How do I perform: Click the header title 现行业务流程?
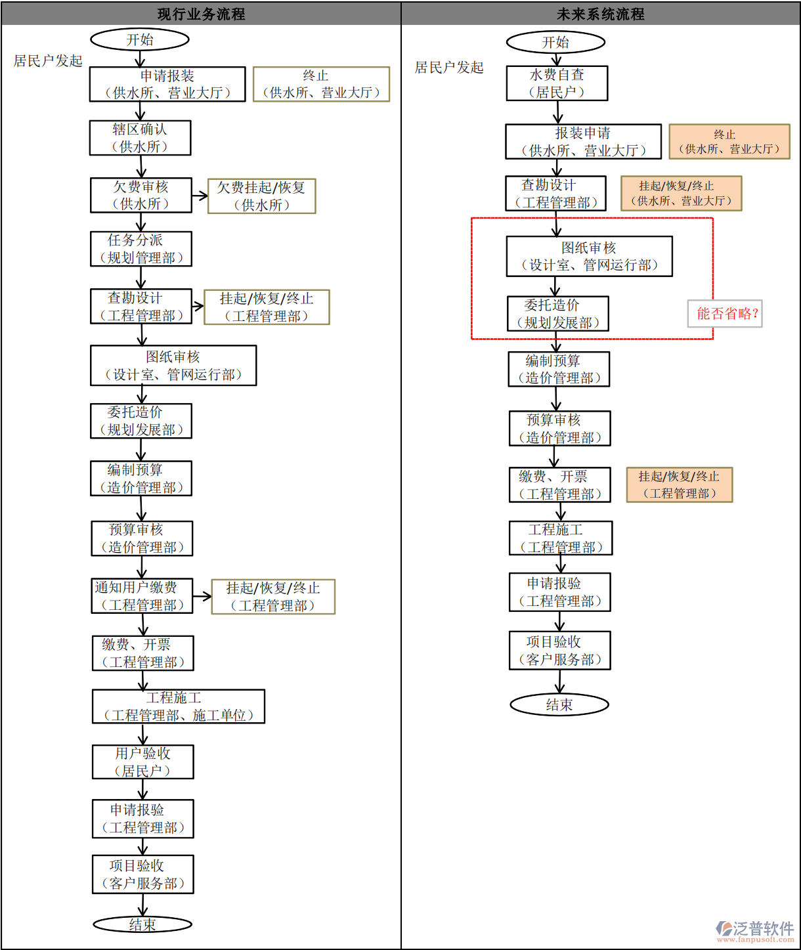[x=201, y=14]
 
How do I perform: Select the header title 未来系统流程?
[x=600, y=14]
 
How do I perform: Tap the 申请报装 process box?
[x=167, y=84]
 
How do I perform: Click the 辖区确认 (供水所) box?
[x=140, y=138]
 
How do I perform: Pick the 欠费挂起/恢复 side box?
[x=261, y=196]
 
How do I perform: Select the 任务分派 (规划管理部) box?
[x=141, y=249]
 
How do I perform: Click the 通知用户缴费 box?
[x=142, y=595]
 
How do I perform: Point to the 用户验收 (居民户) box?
[x=142, y=762]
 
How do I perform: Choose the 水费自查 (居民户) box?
[x=557, y=83]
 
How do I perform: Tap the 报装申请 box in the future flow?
[x=583, y=142]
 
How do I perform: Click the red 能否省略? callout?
[x=725, y=314]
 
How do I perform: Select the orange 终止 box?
[x=729, y=142]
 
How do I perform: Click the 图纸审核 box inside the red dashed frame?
[x=589, y=256]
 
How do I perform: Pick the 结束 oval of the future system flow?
[x=559, y=704]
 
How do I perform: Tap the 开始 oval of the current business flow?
[x=140, y=39]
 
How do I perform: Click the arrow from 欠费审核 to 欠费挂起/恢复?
[x=200, y=196]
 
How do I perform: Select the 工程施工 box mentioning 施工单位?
[x=178, y=706]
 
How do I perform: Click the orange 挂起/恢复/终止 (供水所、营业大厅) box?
[x=681, y=193]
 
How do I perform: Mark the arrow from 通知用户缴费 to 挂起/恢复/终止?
[x=202, y=596]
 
